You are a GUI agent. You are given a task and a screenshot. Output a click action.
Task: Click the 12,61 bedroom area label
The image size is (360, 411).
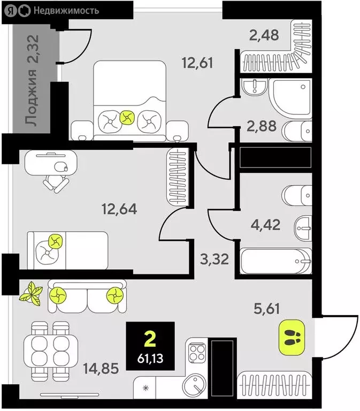(x=197, y=63)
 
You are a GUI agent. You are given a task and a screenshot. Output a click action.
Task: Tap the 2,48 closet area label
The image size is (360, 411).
(x=264, y=35)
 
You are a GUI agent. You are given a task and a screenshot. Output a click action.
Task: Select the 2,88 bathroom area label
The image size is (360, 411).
(x=262, y=126)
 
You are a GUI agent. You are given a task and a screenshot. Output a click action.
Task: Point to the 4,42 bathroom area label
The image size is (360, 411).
(x=265, y=225)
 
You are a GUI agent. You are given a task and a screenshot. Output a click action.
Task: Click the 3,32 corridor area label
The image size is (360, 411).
(x=215, y=259)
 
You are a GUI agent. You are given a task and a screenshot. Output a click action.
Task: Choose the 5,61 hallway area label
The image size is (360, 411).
(x=267, y=308)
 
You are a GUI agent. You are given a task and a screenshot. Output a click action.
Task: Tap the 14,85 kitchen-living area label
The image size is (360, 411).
(x=101, y=368)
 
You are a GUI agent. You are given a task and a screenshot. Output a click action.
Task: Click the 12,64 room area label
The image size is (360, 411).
(x=119, y=209)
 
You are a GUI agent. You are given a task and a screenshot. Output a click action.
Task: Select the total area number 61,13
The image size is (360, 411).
(x=150, y=358)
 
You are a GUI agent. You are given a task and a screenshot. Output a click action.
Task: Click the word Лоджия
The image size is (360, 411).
(x=31, y=97)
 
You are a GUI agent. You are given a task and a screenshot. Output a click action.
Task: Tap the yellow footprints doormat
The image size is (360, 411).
(x=292, y=337)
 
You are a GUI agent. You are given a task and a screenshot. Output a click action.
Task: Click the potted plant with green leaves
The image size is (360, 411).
(x=31, y=293)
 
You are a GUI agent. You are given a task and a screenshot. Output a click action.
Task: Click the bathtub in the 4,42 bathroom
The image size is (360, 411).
(x=276, y=261)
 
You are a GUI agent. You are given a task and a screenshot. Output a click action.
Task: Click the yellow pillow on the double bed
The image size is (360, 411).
(x=127, y=118)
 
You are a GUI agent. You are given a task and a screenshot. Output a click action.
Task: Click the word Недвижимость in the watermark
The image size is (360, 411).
(x=66, y=11)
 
